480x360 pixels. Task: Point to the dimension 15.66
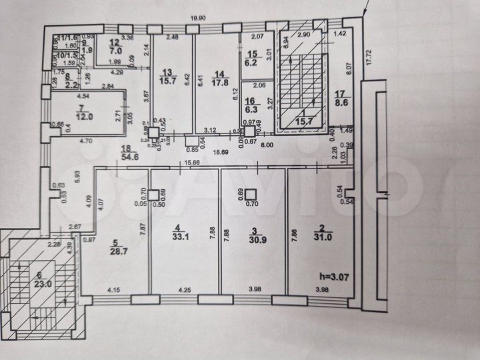(x=193, y=163)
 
